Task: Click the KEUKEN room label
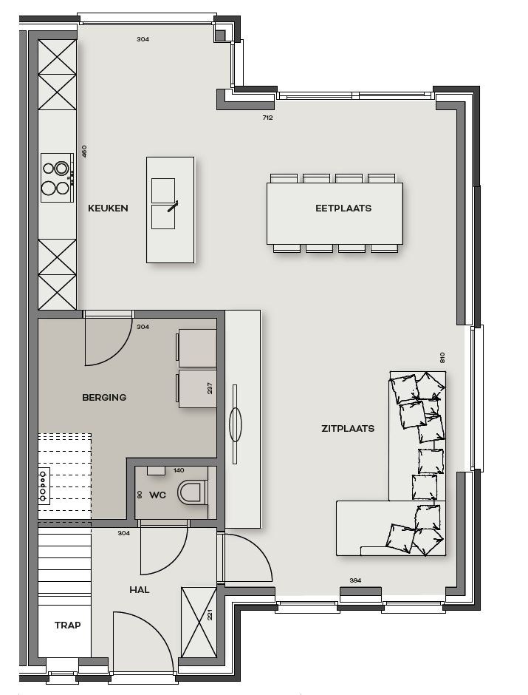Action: coord(108,208)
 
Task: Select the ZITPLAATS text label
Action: coord(347,428)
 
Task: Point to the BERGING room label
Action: coord(104,397)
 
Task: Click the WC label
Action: coord(158,494)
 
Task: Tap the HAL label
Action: coord(139,589)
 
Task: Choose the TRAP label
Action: coord(67,625)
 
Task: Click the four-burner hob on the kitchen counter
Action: coord(56,177)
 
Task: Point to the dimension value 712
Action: coord(267,118)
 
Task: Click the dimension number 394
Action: coord(355,580)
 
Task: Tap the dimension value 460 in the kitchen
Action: coord(84,151)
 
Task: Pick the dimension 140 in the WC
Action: coord(178,470)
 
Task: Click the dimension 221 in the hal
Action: coord(210,614)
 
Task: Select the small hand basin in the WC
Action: coord(156,470)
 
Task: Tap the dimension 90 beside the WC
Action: coord(139,494)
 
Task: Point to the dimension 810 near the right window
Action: coord(442,357)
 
